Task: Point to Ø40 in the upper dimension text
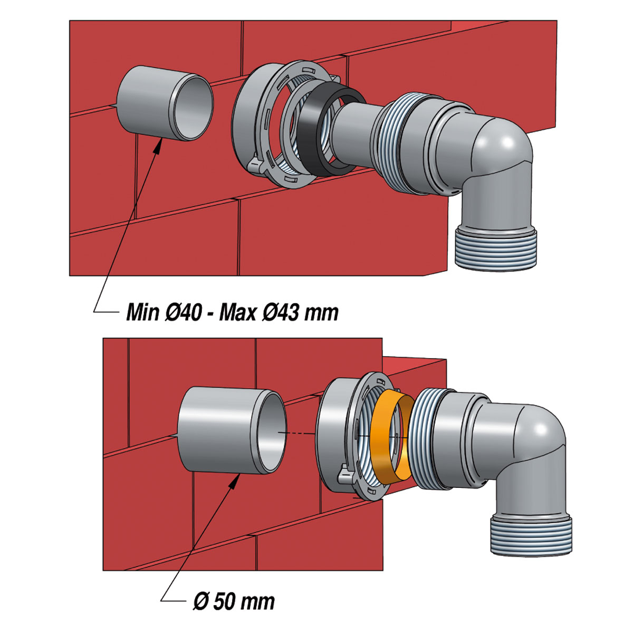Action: click(x=181, y=312)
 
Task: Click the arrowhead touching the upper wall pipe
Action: click(x=158, y=146)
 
